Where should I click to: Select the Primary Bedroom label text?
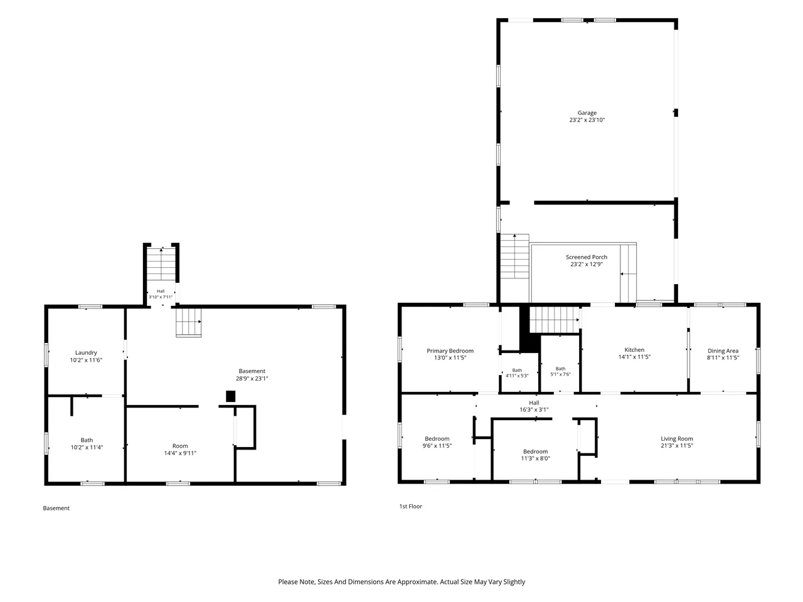(450, 351)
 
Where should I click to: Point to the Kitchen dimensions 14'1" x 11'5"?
(634, 357)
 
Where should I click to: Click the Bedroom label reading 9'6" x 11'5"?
(437, 442)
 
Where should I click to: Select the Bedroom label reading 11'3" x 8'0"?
(536, 455)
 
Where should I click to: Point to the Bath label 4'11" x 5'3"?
(517, 373)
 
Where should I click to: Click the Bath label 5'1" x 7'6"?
(560, 371)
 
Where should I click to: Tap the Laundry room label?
(86, 356)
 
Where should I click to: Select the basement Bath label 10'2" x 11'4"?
(87, 443)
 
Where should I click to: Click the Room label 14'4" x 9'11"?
(180, 449)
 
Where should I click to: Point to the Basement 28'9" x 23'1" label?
(252, 374)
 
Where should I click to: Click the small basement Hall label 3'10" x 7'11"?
(161, 294)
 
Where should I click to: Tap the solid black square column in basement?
(230, 396)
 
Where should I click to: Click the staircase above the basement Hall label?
(161, 264)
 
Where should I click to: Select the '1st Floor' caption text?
(410, 506)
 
